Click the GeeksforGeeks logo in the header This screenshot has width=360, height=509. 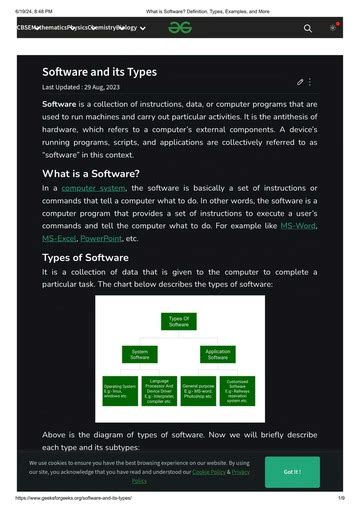point(180,29)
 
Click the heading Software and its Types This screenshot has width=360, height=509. point(99,73)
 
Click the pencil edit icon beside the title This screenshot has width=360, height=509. point(300,81)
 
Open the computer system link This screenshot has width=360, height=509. point(94,188)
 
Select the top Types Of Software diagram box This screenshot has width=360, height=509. point(179,321)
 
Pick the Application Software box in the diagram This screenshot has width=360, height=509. point(217,353)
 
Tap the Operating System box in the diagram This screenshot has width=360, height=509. point(119,390)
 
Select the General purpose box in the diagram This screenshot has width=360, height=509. point(198,390)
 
